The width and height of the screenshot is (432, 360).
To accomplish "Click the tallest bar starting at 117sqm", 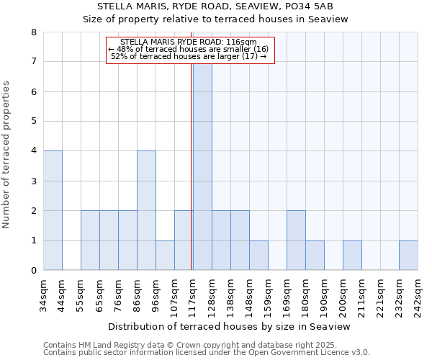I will tap(202, 166).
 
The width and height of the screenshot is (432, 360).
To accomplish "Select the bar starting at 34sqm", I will tap(53, 210).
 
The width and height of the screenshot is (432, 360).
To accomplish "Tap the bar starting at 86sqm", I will tap(146, 210).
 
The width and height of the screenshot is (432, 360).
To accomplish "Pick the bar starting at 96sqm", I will tap(165, 255).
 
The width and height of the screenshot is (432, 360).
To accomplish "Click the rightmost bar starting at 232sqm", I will tap(408, 255).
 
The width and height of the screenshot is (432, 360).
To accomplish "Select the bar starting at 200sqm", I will tap(352, 255).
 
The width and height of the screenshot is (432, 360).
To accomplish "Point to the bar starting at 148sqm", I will tap(258, 255).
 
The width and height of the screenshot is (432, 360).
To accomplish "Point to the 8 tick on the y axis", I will tap(33, 32).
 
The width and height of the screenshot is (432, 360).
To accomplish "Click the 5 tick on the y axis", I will tap(33, 122).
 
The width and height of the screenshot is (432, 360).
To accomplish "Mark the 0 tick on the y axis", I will tap(33, 271).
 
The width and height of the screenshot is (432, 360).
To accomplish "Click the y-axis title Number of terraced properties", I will tap(7, 155).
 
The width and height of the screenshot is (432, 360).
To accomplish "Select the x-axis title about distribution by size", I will tap(229, 326).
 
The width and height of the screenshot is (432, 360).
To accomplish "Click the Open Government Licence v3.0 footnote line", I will tap(207, 353).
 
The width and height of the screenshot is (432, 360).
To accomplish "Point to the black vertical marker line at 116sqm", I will tap(192, 166).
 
